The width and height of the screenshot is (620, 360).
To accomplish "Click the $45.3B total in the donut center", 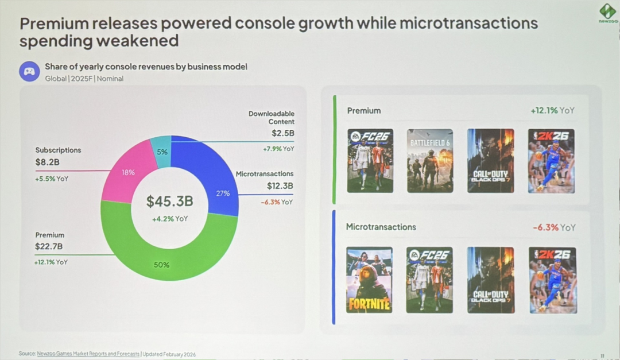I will [169, 202].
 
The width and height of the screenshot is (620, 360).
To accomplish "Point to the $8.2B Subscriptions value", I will [48, 162].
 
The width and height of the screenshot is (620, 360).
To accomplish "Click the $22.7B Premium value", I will [49, 247].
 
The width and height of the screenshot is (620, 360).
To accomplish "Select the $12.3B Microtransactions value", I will [280, 186].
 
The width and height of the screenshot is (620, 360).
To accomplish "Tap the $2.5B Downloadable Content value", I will [283, 133].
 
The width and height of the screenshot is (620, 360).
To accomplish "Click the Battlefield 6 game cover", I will [430, 161].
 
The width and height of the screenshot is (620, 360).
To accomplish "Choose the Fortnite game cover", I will [369, 280].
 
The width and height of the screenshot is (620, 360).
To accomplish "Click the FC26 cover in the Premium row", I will [370, 161].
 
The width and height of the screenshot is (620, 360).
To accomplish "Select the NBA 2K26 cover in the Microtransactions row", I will [552, 280].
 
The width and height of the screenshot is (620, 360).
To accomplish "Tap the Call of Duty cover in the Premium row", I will [490, 161].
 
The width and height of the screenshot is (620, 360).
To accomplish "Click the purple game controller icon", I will [29, 72].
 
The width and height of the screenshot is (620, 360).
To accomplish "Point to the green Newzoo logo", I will [607, 11].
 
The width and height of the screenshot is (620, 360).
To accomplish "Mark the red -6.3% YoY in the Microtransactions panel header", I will [553, 227].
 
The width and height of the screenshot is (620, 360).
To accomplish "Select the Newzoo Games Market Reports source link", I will [88, 354].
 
